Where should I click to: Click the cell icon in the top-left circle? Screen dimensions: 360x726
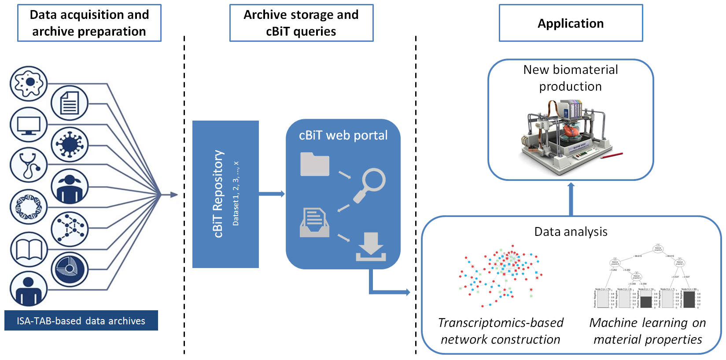[x=29, y=83]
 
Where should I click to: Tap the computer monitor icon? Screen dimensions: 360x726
[x=29, y=125]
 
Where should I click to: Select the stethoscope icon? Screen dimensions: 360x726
[x=29, y=165]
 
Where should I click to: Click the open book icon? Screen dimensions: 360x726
[x=29, y=250]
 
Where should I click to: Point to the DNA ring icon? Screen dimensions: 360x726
[x=29, y=207]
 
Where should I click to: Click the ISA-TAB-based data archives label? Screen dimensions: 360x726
[x=81, y=321]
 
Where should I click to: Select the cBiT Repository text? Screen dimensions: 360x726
[x=218, y=194]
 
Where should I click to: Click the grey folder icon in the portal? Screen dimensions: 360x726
[x=314, y=164]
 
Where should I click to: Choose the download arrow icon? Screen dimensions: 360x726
[x=371, y=247]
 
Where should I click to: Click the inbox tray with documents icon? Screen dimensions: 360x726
[x=314, y=223]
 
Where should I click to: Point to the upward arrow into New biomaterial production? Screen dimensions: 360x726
[x=571, y=198]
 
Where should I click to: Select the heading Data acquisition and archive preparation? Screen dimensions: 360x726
[x=89, y=23]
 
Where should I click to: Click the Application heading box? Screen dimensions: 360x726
[x=571, y=23]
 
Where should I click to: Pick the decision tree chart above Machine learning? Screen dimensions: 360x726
[x=647, y=277]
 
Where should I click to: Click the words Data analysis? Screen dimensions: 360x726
[x=571, y=232]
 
